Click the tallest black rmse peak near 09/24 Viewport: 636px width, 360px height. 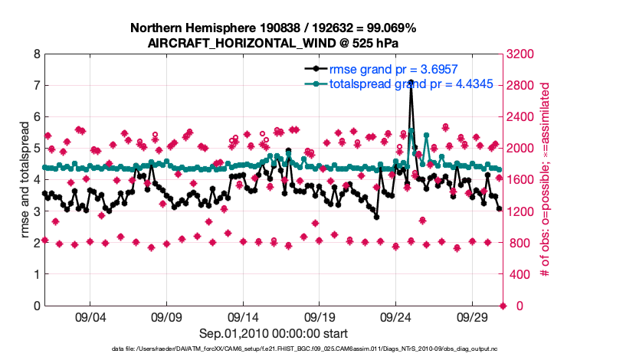pos(411,82)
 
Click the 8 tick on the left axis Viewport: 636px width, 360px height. pos(35,54)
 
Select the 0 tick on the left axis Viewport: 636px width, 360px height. pos(35,306)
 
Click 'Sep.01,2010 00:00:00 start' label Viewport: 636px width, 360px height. pos(274,333)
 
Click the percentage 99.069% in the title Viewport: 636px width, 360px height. pos(388,28)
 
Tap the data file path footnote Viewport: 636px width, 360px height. pos(293,349)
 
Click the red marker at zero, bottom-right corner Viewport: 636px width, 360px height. pos(503,306)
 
